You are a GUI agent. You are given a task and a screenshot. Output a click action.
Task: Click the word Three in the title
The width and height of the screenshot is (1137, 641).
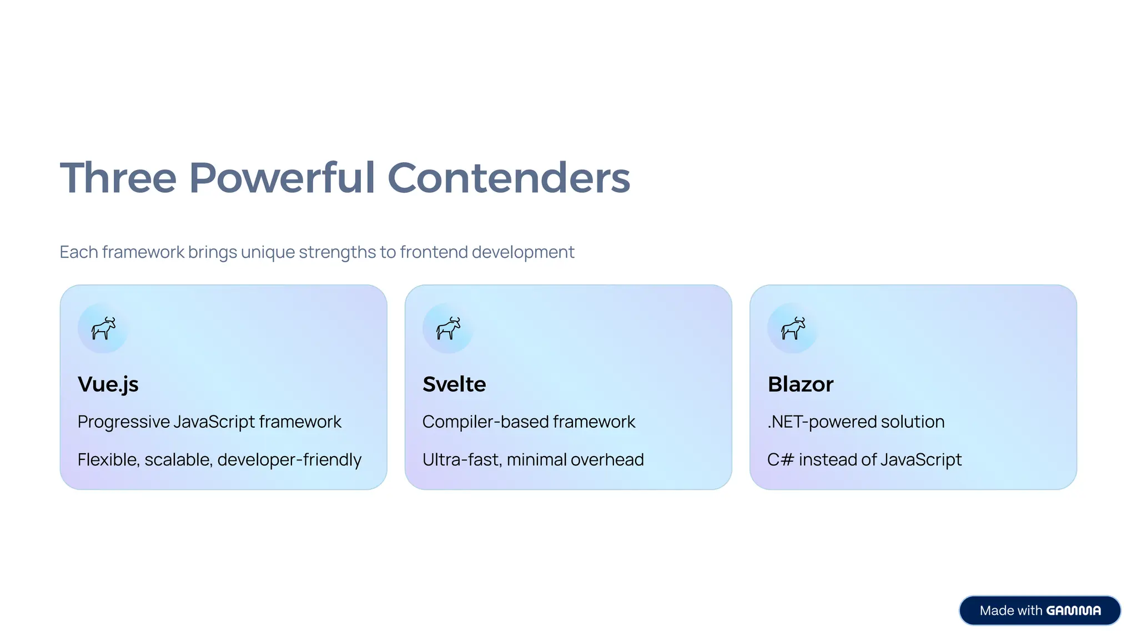coord(118,178)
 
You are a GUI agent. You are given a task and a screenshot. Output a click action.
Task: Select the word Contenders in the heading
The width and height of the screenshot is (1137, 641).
coord(509,178)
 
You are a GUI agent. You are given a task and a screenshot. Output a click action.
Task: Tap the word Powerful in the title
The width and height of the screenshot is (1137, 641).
coord(282,178)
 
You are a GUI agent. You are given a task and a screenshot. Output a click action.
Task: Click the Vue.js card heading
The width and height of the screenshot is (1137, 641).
coord(108,384)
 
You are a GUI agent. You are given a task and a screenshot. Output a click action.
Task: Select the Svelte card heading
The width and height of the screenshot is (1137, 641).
coord(454,384)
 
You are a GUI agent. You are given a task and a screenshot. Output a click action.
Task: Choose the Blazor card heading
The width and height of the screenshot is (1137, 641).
coord(800,384)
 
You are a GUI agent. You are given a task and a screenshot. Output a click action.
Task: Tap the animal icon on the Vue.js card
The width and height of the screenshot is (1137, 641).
coord(103,328)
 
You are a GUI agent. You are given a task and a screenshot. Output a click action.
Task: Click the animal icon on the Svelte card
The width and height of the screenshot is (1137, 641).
coord(448,328)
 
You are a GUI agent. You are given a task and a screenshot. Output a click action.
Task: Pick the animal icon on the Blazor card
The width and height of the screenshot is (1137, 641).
coord(793,328)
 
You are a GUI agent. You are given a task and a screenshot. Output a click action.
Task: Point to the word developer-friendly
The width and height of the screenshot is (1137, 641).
coord(289,460)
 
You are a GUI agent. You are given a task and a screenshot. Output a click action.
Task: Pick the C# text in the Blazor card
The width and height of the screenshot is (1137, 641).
coord(780,460)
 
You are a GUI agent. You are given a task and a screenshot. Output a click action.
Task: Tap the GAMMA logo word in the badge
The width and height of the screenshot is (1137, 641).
coord(1073,611)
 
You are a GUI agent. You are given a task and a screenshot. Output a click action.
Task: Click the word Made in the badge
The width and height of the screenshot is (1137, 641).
coord(997,611)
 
